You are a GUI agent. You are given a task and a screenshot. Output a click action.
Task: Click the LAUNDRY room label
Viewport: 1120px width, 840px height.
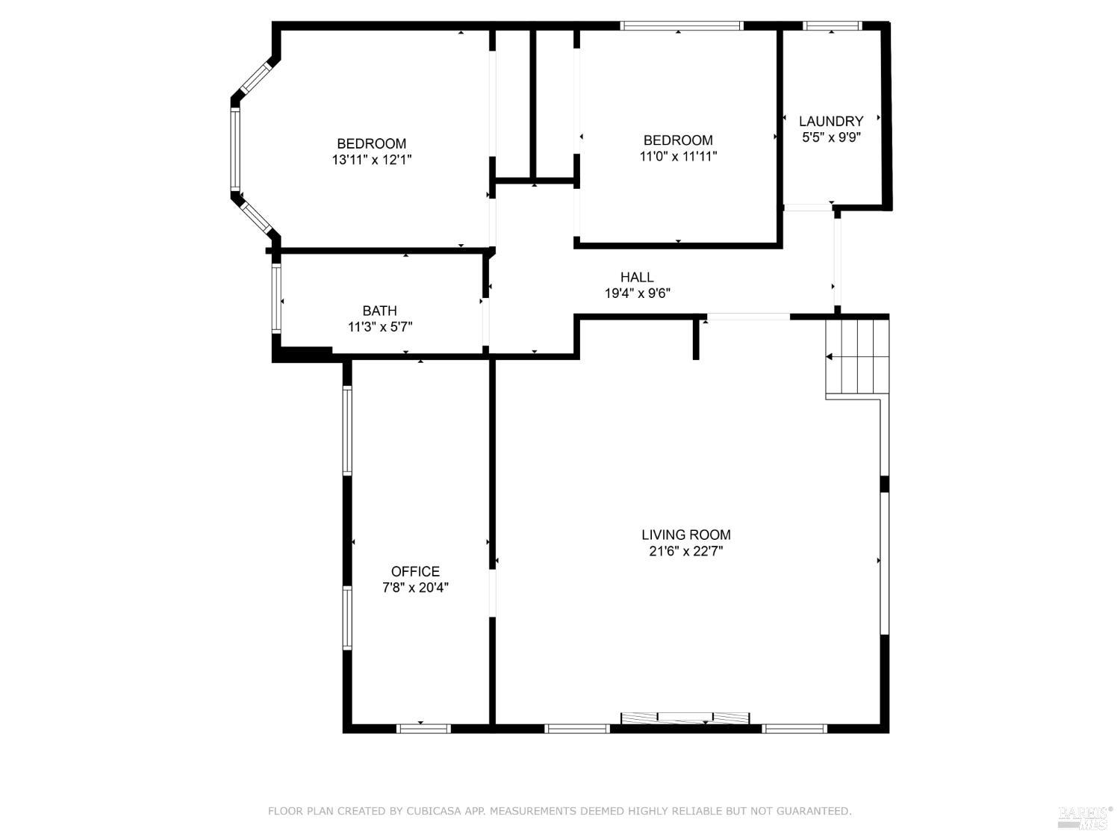click(x=831, y=121)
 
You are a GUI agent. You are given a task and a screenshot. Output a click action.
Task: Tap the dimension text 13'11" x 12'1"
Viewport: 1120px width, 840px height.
click(x=372, y=159)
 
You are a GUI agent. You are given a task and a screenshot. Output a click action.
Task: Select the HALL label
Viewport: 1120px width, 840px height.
click(x=637, y=277)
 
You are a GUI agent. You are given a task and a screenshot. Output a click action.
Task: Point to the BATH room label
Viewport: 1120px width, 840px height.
click(x=379, y=311)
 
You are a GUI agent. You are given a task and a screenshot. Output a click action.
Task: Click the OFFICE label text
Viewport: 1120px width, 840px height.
click(x=415, y=572)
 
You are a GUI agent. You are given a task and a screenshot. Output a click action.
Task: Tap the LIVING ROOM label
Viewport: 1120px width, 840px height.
click(x=685, y=535)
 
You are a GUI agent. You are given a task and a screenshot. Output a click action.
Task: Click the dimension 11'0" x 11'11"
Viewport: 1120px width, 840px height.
click(x=678, y=156)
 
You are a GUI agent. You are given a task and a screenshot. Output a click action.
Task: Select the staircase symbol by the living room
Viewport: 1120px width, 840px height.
click(x=858, y=357)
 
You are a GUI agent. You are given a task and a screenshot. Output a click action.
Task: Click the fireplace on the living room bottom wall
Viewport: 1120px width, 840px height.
click(x=685, y=718)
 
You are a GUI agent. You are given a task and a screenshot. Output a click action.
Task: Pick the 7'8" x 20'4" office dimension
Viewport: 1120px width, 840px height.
click(x=415, y=588)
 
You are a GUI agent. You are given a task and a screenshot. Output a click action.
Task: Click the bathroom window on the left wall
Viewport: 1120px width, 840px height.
click(x=276, y=298)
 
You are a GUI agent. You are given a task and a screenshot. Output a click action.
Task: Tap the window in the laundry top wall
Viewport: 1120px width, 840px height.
click(x=832, y=26)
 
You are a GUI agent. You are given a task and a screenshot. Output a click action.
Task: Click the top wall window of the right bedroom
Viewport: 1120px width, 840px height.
click(x=681, y=26)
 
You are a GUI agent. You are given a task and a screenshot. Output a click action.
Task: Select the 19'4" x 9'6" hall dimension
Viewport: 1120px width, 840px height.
click(x=637, y=293)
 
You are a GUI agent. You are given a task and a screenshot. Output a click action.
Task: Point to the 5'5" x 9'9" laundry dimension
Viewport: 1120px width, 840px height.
click(x=831, y=137)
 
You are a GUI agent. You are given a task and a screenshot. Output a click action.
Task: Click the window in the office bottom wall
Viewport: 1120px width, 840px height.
click(x=423, y=728)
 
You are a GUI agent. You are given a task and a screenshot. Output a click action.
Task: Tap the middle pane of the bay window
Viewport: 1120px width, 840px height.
click(x=235, y=149)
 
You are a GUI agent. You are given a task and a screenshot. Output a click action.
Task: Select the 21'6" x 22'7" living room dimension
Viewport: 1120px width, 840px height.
click(x=685, y=551)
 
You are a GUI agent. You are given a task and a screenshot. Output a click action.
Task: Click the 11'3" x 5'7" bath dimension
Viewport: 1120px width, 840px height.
click(x=379, y=326)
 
